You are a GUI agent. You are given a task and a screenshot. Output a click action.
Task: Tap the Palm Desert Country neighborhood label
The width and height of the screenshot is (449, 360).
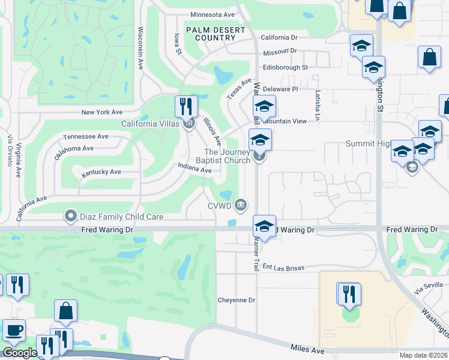pyautogui.click(x=215, y=34)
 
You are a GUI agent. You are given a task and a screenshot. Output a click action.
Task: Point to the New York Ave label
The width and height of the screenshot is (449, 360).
pyautogui.click(x=102, y=112)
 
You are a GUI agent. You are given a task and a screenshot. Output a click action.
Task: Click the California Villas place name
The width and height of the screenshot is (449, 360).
pyautogui.click(x=150, y=124)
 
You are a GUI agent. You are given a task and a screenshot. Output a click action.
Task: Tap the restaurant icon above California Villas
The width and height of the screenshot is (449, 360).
pyautogui.click(x=186, y=107)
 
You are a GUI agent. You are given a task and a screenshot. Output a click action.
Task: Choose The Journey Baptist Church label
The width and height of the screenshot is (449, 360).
pyautogui.click(x=227, y=157)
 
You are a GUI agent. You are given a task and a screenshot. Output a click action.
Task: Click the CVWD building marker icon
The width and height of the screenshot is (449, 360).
pyautogui.click(x=241, y=205)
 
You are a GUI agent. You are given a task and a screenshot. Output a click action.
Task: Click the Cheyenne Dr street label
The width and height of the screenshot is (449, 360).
pyautogui.click(x=237, y=300)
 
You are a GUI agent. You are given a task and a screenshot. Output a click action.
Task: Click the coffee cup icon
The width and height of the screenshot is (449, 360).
pyautogui.click(x=14, y=329)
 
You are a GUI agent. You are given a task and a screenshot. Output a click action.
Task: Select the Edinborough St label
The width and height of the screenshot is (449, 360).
pyautogui.click(x=285, y=68)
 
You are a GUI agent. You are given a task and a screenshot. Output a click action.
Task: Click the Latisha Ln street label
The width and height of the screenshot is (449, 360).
pyautogui.click(x=318, y=105)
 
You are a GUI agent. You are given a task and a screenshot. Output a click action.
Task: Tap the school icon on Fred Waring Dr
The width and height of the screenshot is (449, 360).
pyautogui.click(x=264, y=226)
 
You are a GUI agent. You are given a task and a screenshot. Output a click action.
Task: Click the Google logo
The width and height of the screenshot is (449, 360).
pyautogui.click(x=19, y=353)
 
